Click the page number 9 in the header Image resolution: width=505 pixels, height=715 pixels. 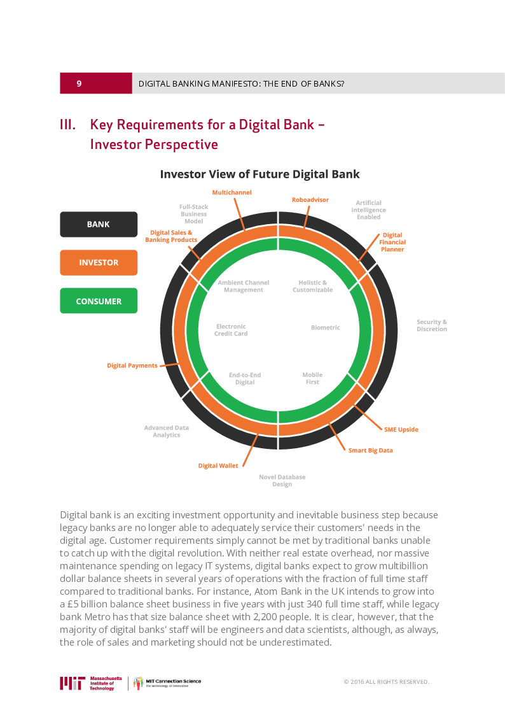pyautogui.click(x=79, y=83)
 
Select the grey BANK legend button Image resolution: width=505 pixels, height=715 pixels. pyautogui.click(x=99, y=224)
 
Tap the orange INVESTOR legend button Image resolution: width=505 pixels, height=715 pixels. pyautogui.click(x=99, y=262)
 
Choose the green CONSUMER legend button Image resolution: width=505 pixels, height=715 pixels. pyautogui.click(x=99, y=301)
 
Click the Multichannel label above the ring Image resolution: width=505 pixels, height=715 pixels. pyautogui.click(x=232, y=192)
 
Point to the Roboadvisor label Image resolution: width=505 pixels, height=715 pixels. pyautogui.click(x=310, y=200)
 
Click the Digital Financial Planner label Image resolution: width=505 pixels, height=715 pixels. pyautogui.click(x=392, y=242)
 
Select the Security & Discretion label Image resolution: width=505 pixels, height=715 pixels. pyautogui.click(x=432, y=325)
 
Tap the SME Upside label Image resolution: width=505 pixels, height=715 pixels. pyautogui.click(x=401, y=429)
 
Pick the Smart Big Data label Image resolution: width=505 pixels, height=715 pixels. pyautogui.click(x=370, y=450)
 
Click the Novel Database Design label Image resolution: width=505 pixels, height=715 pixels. pyautogui.click(x=282, y=480)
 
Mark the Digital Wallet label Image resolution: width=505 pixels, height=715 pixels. pyautogui.click(x=218, y=465)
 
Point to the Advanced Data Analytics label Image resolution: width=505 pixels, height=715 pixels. pyautogui.click(x=166, y=431)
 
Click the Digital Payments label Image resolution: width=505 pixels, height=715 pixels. pyautogui.click(x=132, y=365)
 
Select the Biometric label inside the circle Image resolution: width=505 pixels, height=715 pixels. pyautogui.click(x=326, y=327)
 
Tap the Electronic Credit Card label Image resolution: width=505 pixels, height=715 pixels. pyautogui.click(x=231, y=330)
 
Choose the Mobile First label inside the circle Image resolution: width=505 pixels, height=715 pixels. pyautogui.click(x=312, y=378)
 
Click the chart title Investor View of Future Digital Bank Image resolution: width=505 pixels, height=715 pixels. pyautogui.click(x=259, y=174)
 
